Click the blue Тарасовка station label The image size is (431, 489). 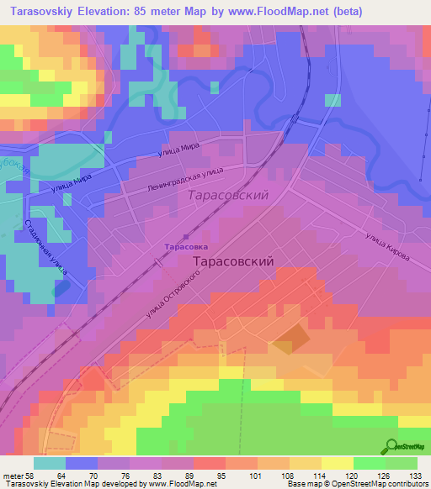[x=185, y=247]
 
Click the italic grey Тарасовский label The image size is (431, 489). [x=227, y=195]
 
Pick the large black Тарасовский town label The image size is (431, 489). [x=234, y=261]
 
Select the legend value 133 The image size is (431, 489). [x=414, y=475]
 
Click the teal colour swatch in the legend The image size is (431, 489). [x=49, y=463]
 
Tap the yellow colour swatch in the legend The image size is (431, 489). [x=336, y=463]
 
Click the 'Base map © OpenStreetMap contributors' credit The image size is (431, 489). [x=355, y=484]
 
